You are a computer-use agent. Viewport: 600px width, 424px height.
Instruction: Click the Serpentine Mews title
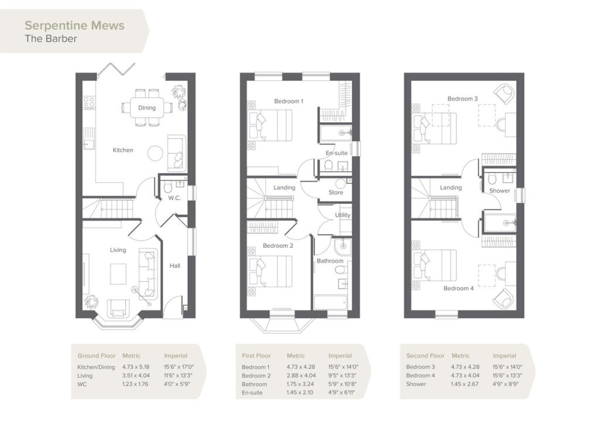74,25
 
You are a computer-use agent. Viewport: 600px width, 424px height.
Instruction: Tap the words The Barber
50,39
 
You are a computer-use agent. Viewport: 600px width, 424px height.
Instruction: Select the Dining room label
147,108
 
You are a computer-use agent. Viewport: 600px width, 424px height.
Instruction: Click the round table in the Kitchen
155,153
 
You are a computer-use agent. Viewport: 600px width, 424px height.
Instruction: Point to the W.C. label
174,197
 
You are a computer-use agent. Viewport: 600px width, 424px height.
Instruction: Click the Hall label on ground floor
175,266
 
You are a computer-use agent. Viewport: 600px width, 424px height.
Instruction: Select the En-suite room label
336,153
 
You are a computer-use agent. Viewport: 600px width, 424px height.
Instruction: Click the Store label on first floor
335,192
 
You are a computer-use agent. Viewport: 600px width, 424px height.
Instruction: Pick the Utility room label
342,215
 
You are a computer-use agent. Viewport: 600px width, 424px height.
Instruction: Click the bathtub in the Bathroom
330,302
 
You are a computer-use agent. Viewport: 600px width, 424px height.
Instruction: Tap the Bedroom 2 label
278,245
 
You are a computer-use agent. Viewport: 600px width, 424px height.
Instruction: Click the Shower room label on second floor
500,190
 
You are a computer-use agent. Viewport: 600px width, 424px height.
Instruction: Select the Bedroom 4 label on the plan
456,288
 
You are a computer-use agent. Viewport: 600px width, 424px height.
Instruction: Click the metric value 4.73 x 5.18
136,367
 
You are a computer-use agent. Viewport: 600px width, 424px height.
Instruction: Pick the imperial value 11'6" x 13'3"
178,375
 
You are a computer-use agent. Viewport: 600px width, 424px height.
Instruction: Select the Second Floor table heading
425,355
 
